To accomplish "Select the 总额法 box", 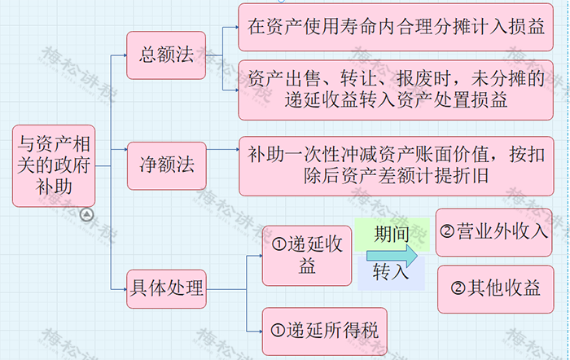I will (166, 55).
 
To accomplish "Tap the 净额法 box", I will (166, 166).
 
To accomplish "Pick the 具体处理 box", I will (166, 288).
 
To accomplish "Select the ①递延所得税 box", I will (324, 330).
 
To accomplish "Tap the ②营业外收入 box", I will (494, 232).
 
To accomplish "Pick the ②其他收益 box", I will (494, 288).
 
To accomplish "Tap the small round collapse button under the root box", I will (87, 214).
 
